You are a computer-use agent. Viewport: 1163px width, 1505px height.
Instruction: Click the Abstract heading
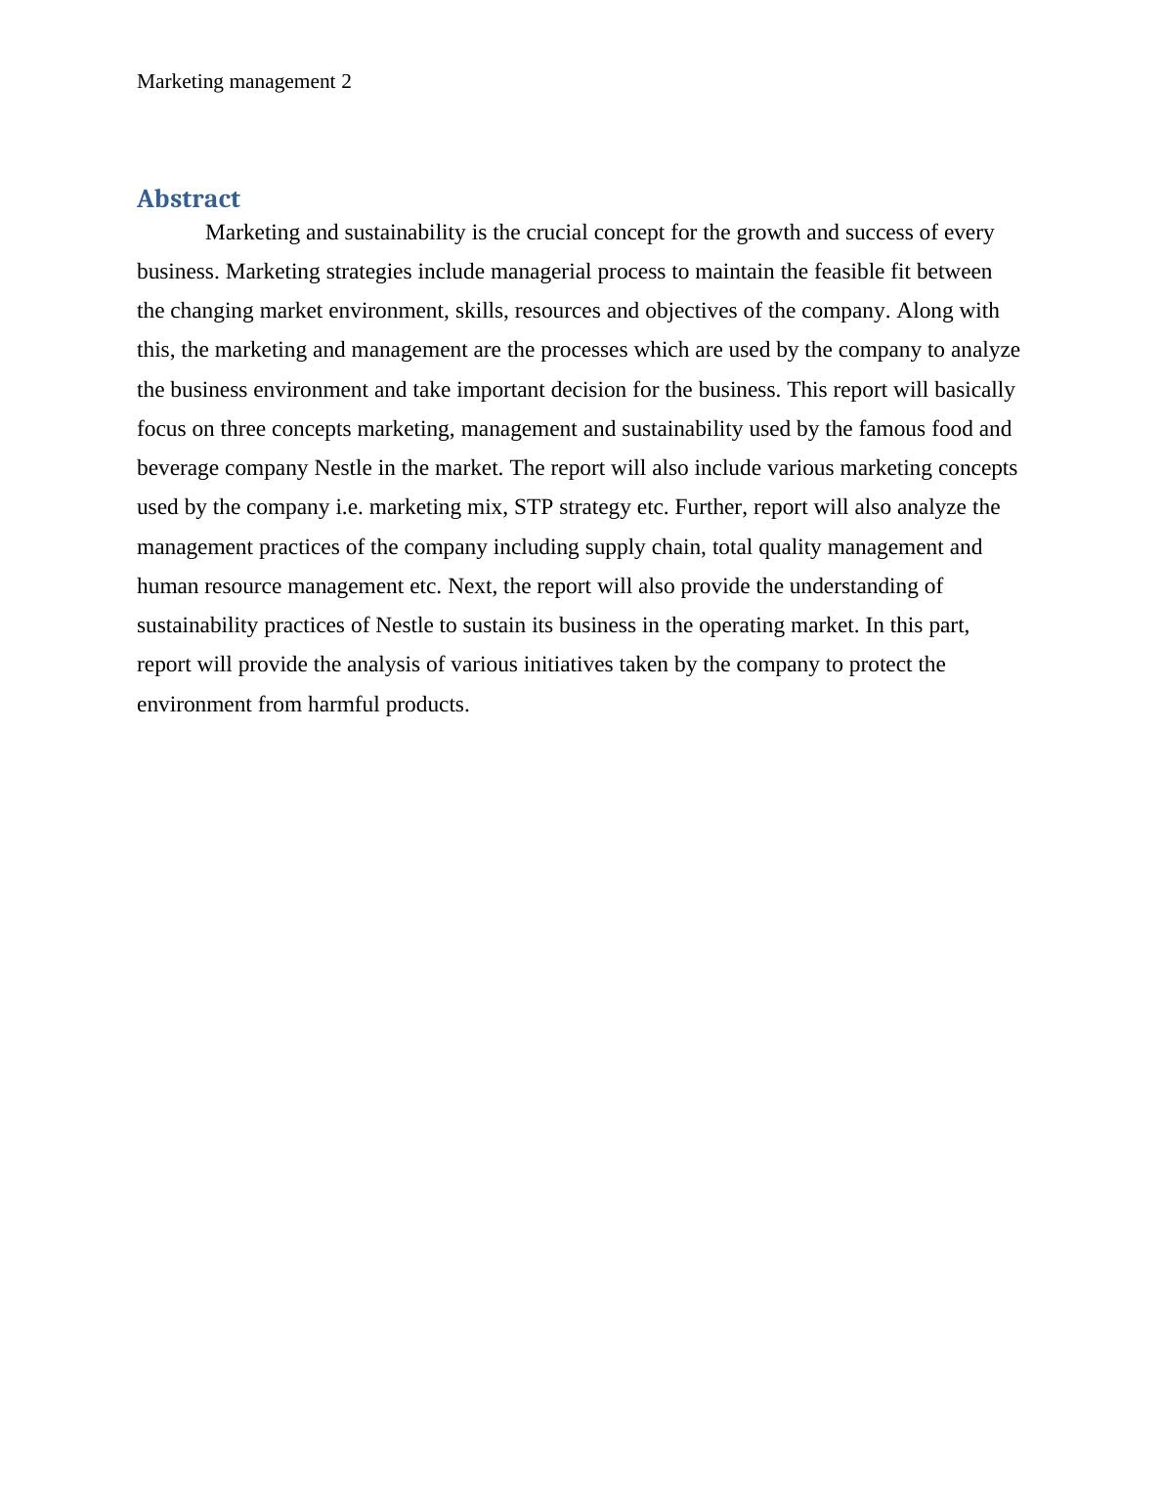[x=188, y=198]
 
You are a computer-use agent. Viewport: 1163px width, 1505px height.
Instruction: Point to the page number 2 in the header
[x=346, y=82]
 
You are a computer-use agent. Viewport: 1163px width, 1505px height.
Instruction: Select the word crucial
[x=558, y=233]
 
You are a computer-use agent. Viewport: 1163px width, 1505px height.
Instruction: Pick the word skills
[x=479, y=311]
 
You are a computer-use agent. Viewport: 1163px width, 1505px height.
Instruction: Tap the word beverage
[x=178, y=468]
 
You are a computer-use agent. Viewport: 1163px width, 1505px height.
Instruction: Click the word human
[x=167, y=586]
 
